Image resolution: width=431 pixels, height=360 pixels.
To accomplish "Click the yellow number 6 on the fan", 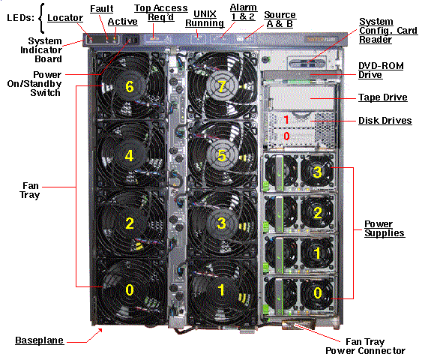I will point(130,88).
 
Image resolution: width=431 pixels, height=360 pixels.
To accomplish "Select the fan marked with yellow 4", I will point(129,156).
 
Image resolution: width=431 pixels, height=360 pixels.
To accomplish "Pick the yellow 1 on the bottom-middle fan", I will point(220,289).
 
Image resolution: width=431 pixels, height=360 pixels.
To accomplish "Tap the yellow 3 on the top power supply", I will point(317,172).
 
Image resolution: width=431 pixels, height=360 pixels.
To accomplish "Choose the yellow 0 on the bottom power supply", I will point(317,292).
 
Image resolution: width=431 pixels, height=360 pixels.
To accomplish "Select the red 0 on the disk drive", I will point(285,136).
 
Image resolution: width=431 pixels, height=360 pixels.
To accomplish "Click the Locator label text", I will point(64,16).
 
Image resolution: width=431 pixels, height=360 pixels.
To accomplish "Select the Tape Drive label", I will point(384,97).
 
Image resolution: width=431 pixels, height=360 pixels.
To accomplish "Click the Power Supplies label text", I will point(385,229).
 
